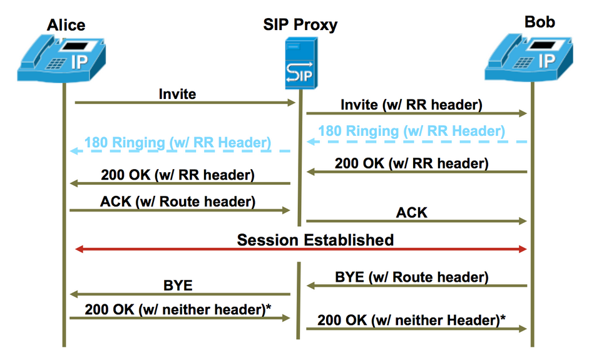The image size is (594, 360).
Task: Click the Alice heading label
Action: [x=66, y=25]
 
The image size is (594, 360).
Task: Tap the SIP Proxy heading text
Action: [x=300, y=25]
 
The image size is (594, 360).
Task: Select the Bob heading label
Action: [x=540, y=22]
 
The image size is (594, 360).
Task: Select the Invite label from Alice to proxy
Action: [x=177, y=94]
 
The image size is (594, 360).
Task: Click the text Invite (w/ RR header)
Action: [x=411, y=105]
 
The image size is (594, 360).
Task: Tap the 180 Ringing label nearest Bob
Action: [x=411, y=131]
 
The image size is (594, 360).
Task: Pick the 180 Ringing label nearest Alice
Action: [x=178, y=142]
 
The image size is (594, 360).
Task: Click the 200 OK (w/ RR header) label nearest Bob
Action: [x=411, y=163]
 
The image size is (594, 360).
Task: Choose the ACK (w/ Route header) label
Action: [x=178, y=202]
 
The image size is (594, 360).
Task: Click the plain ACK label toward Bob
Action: [x=411, y=212]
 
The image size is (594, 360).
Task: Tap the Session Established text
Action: [x=315, y=240]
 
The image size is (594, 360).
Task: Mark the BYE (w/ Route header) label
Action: [x=411, y=277]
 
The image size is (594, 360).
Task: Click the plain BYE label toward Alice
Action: [x=178, y=285]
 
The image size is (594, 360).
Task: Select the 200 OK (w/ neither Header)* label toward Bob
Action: [x=411, y=320]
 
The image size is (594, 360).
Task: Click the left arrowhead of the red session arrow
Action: [x=79, y=249]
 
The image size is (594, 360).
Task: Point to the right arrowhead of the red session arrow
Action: [x=523, y=249]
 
